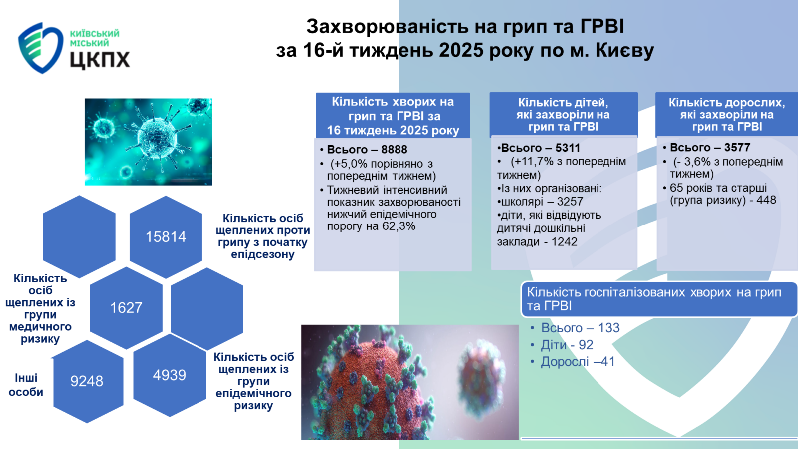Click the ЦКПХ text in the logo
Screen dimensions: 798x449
coord(100,60)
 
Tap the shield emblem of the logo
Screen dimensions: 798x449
coord(40,48)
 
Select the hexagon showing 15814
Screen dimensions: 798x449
coord(166,237)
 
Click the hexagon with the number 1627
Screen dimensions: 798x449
coord(126,308)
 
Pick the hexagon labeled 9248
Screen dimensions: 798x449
coord(88,381)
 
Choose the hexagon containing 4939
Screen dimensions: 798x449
coord(170,375)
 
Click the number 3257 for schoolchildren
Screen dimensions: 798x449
coord(570,202)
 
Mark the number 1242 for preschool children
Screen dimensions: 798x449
coord(564,242)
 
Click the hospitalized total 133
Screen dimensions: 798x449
coord(609,328)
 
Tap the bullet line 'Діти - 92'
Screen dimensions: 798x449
coord(567,345)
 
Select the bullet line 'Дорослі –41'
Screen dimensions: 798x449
coord(578,362)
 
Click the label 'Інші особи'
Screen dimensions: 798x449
coord(26,385)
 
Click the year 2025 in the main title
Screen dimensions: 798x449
coord(461,50)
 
